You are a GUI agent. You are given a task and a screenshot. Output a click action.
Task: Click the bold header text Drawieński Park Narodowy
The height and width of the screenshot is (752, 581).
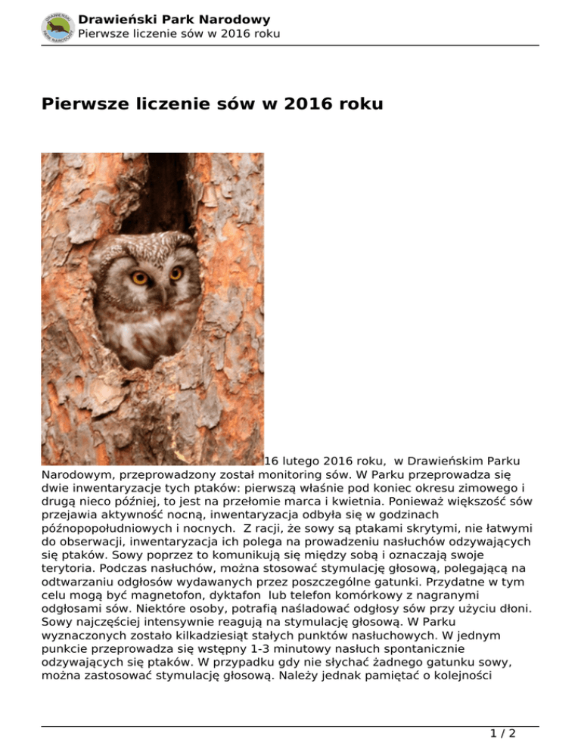(174, 20)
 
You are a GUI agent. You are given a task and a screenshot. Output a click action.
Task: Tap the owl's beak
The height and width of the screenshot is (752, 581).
(161, 291)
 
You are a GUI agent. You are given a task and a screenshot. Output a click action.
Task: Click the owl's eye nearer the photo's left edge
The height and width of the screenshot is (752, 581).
(140, 278)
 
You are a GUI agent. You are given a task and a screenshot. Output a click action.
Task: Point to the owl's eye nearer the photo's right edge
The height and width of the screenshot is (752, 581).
(176, 272)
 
